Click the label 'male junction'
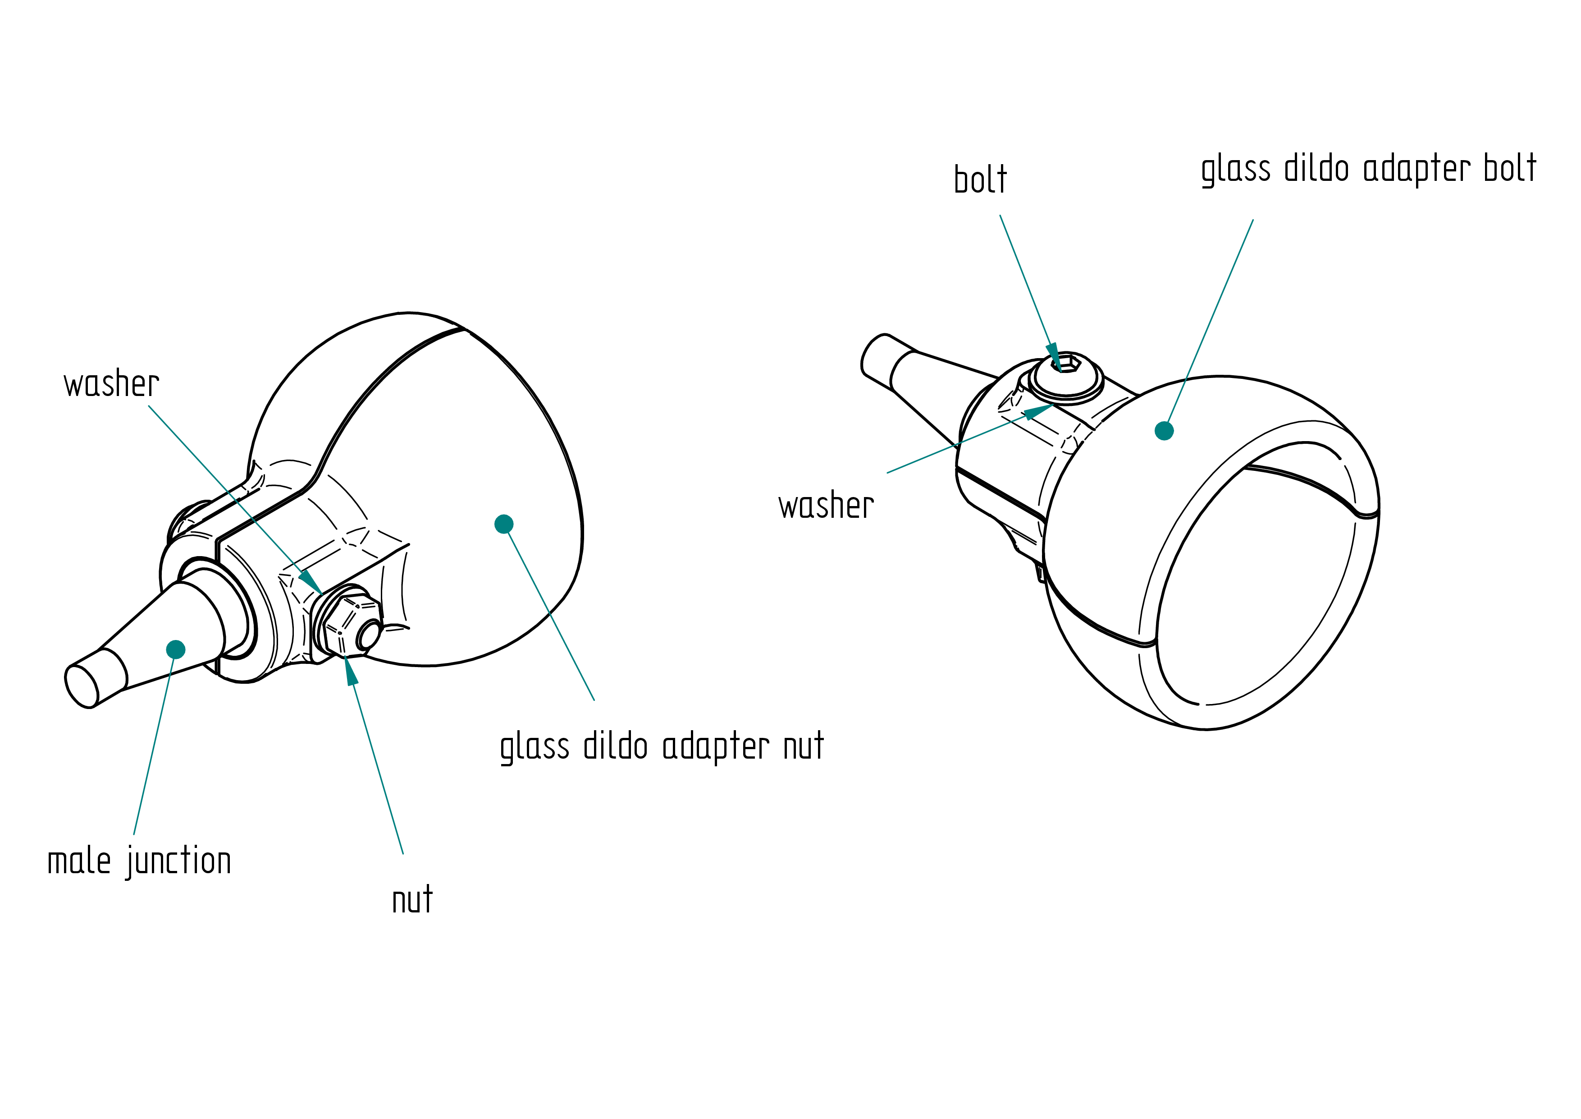click(139, 862)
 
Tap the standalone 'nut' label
click(412, 899)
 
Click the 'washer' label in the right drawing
click(826, 505)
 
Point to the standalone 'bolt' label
click(981, 179)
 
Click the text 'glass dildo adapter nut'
click(662, 747)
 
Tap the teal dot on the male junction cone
click(176, 649)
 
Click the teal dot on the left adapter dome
click(504, 525)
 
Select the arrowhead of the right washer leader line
click(1038, 411)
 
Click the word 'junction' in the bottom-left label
click(178, 862)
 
